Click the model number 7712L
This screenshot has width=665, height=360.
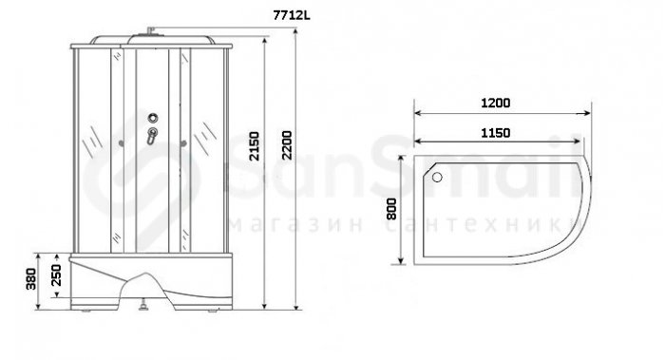292,15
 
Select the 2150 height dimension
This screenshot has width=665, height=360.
254,146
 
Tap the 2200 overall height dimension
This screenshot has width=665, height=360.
287,145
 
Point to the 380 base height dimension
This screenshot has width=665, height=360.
31,279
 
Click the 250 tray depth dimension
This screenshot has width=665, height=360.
56,275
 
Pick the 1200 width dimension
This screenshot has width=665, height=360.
495,103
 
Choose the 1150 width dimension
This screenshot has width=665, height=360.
495,133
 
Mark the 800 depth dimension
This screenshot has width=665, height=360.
391,209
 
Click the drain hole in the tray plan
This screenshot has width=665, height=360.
437,177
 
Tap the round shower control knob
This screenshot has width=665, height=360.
153,118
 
